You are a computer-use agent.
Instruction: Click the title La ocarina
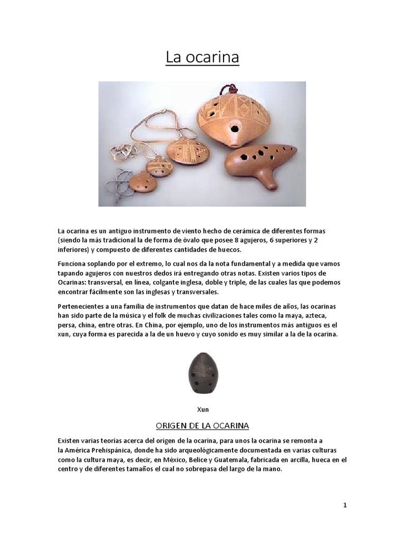[202, 57]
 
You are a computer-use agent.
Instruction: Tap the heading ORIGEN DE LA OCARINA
[202, 425]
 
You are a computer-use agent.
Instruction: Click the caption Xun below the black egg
[202, 409]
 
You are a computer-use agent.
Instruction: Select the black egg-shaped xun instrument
[204, 373]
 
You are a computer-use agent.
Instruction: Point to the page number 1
[345, 505]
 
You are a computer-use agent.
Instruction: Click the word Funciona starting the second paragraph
[71, 263]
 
